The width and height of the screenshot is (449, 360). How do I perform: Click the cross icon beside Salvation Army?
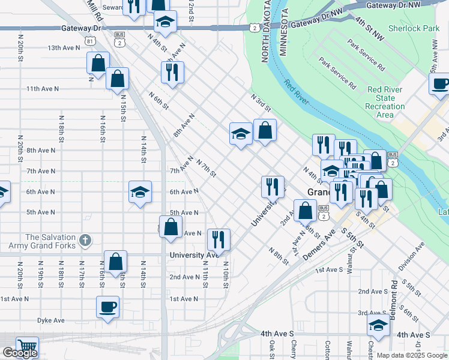[85, 241]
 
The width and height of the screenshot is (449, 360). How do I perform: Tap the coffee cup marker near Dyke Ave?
[108, 307]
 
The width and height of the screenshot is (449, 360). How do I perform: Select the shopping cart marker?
[27, 347]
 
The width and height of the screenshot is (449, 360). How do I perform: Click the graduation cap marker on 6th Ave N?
[140, 192]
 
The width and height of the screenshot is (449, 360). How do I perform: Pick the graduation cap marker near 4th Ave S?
[378, 325]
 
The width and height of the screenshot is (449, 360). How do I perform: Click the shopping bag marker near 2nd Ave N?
[115, 261]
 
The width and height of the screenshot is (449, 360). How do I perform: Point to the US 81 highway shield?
[89, 41]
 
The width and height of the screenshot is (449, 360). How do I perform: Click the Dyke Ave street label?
[50, 320]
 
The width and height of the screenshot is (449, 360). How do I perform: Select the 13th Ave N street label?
[62, 48]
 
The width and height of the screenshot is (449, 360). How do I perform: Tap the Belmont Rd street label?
[394, 300]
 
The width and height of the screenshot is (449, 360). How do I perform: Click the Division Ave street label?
[411, 256]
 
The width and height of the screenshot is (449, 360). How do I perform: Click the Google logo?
[20, 353]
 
